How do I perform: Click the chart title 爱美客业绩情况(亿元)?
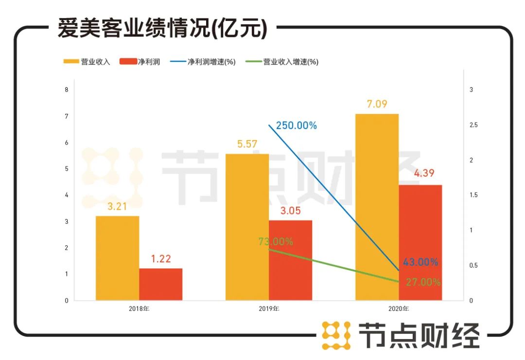(x=162, y=29)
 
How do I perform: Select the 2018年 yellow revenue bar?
(x=117, y=258)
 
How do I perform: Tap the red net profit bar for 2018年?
(x=160, y=284)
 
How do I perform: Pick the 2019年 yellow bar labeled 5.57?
(x=247, y=227)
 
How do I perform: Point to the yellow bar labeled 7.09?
(x=377, y=207)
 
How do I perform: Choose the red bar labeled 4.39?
(x=420, y=242)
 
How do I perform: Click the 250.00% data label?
(x=296, y=126)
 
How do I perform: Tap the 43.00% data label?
(x=420, y=262)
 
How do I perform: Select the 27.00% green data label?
(x=421, y=282)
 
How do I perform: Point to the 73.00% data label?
(x=276, y=241)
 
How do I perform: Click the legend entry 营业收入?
(x=87, y=62)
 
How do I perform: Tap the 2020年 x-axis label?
(x=399, y=308)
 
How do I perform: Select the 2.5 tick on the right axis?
(x=473, y=125)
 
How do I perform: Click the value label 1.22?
(x=160, y=259)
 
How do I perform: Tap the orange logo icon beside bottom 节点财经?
(x=336, y=335)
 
